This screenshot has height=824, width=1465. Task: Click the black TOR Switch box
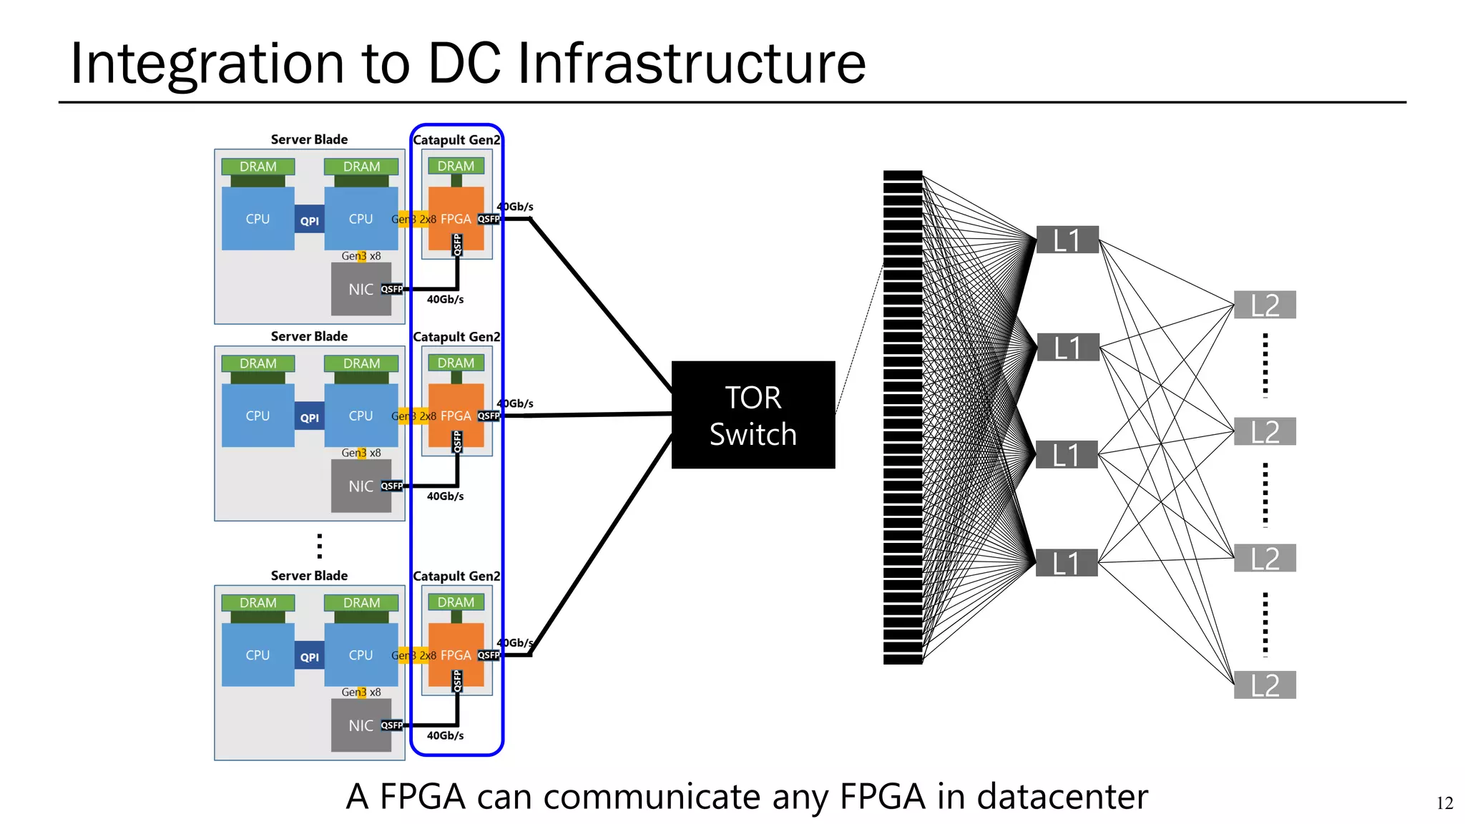(x=753, y=415)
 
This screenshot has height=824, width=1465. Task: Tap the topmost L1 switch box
(x=1067, y=240)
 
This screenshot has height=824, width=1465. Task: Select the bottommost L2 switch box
(x=1265, y=685)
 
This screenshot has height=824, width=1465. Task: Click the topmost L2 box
(x=1265, y=305)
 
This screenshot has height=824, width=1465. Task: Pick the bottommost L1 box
(x=1067, y=563)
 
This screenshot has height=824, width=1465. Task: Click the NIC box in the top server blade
(x=360, y=289)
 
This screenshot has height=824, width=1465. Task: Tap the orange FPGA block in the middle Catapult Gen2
(x=456, y=415)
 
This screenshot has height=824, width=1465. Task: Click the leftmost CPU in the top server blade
(x=258, y=219)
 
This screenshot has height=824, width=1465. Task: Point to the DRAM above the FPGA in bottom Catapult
(x=456, y=602)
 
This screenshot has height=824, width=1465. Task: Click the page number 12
(x=1444, y=803)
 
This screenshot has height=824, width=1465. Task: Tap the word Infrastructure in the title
(x=691, y=63)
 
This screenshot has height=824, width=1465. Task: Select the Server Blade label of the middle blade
(x=309, y=336)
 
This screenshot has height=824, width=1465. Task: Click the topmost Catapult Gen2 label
(x=456, y=140)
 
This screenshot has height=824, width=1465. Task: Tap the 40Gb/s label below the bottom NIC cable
(x=445, y=735)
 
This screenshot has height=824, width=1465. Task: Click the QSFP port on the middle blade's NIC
(x=391, y=486)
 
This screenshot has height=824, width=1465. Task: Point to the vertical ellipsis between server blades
(x=319, y=546)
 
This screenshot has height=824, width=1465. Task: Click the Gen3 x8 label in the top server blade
(x=361, y=256)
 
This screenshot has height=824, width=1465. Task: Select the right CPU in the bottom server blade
(x=361, y=655)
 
